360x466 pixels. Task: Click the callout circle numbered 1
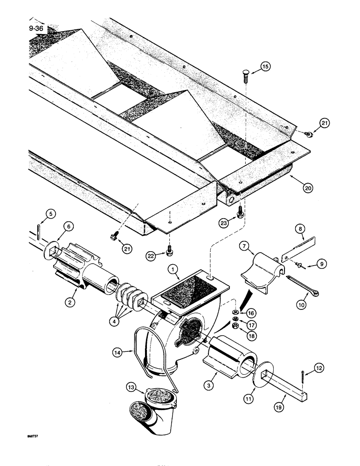coord(173,270)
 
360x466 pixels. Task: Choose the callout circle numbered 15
coord(265,67)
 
